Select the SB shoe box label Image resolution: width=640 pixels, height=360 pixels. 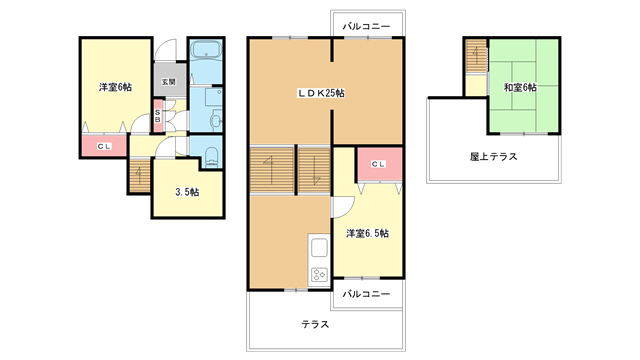[x=158, y=116]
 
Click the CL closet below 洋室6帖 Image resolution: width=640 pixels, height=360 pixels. [x=103, y=147]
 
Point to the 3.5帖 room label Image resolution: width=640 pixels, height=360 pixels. [x=187, y=192]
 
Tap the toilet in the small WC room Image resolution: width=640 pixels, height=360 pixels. [x=211, y=157]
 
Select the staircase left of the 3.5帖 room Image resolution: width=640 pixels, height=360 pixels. [x=139, y=176]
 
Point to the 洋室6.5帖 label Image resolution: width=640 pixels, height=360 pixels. [x=367, y=233]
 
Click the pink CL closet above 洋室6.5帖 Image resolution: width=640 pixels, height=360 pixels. [x=379, y=165]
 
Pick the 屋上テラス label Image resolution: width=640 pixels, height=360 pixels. [x=492, y=156]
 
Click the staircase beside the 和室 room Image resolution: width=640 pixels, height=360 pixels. [x=476, y=60]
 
